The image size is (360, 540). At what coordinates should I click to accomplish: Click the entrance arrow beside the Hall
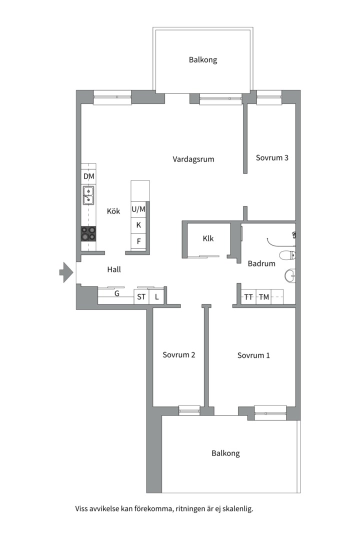point(65,272)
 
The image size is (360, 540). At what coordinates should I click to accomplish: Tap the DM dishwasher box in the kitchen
point(88,177)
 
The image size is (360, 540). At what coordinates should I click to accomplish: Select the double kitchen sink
point(88,196)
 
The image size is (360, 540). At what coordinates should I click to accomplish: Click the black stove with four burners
point(89,233)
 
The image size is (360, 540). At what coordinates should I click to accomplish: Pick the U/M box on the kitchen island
point(138,209)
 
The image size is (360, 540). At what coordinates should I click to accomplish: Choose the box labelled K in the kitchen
point(138,225)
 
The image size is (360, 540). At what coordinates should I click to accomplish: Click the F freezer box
point(138,241)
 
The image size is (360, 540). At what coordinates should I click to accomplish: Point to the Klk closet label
point(208,238)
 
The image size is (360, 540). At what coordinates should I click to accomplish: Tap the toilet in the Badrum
point(287,256)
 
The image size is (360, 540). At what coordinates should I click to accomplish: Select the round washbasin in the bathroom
point(290,274)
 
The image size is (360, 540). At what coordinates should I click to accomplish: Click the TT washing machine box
point(248,297)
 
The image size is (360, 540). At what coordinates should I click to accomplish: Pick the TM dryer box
point(263,297)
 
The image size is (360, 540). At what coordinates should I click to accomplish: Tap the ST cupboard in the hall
point(141,297)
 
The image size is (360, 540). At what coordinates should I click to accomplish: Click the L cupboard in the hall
point(156,297)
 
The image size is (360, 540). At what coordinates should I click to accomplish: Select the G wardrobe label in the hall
point(116,294)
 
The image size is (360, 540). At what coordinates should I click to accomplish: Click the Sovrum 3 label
point(272,157)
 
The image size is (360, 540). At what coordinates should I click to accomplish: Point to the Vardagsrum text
point(193,159)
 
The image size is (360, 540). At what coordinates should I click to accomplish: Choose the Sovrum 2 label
point(178,355)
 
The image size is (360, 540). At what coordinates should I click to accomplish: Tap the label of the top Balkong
point(203,60)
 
